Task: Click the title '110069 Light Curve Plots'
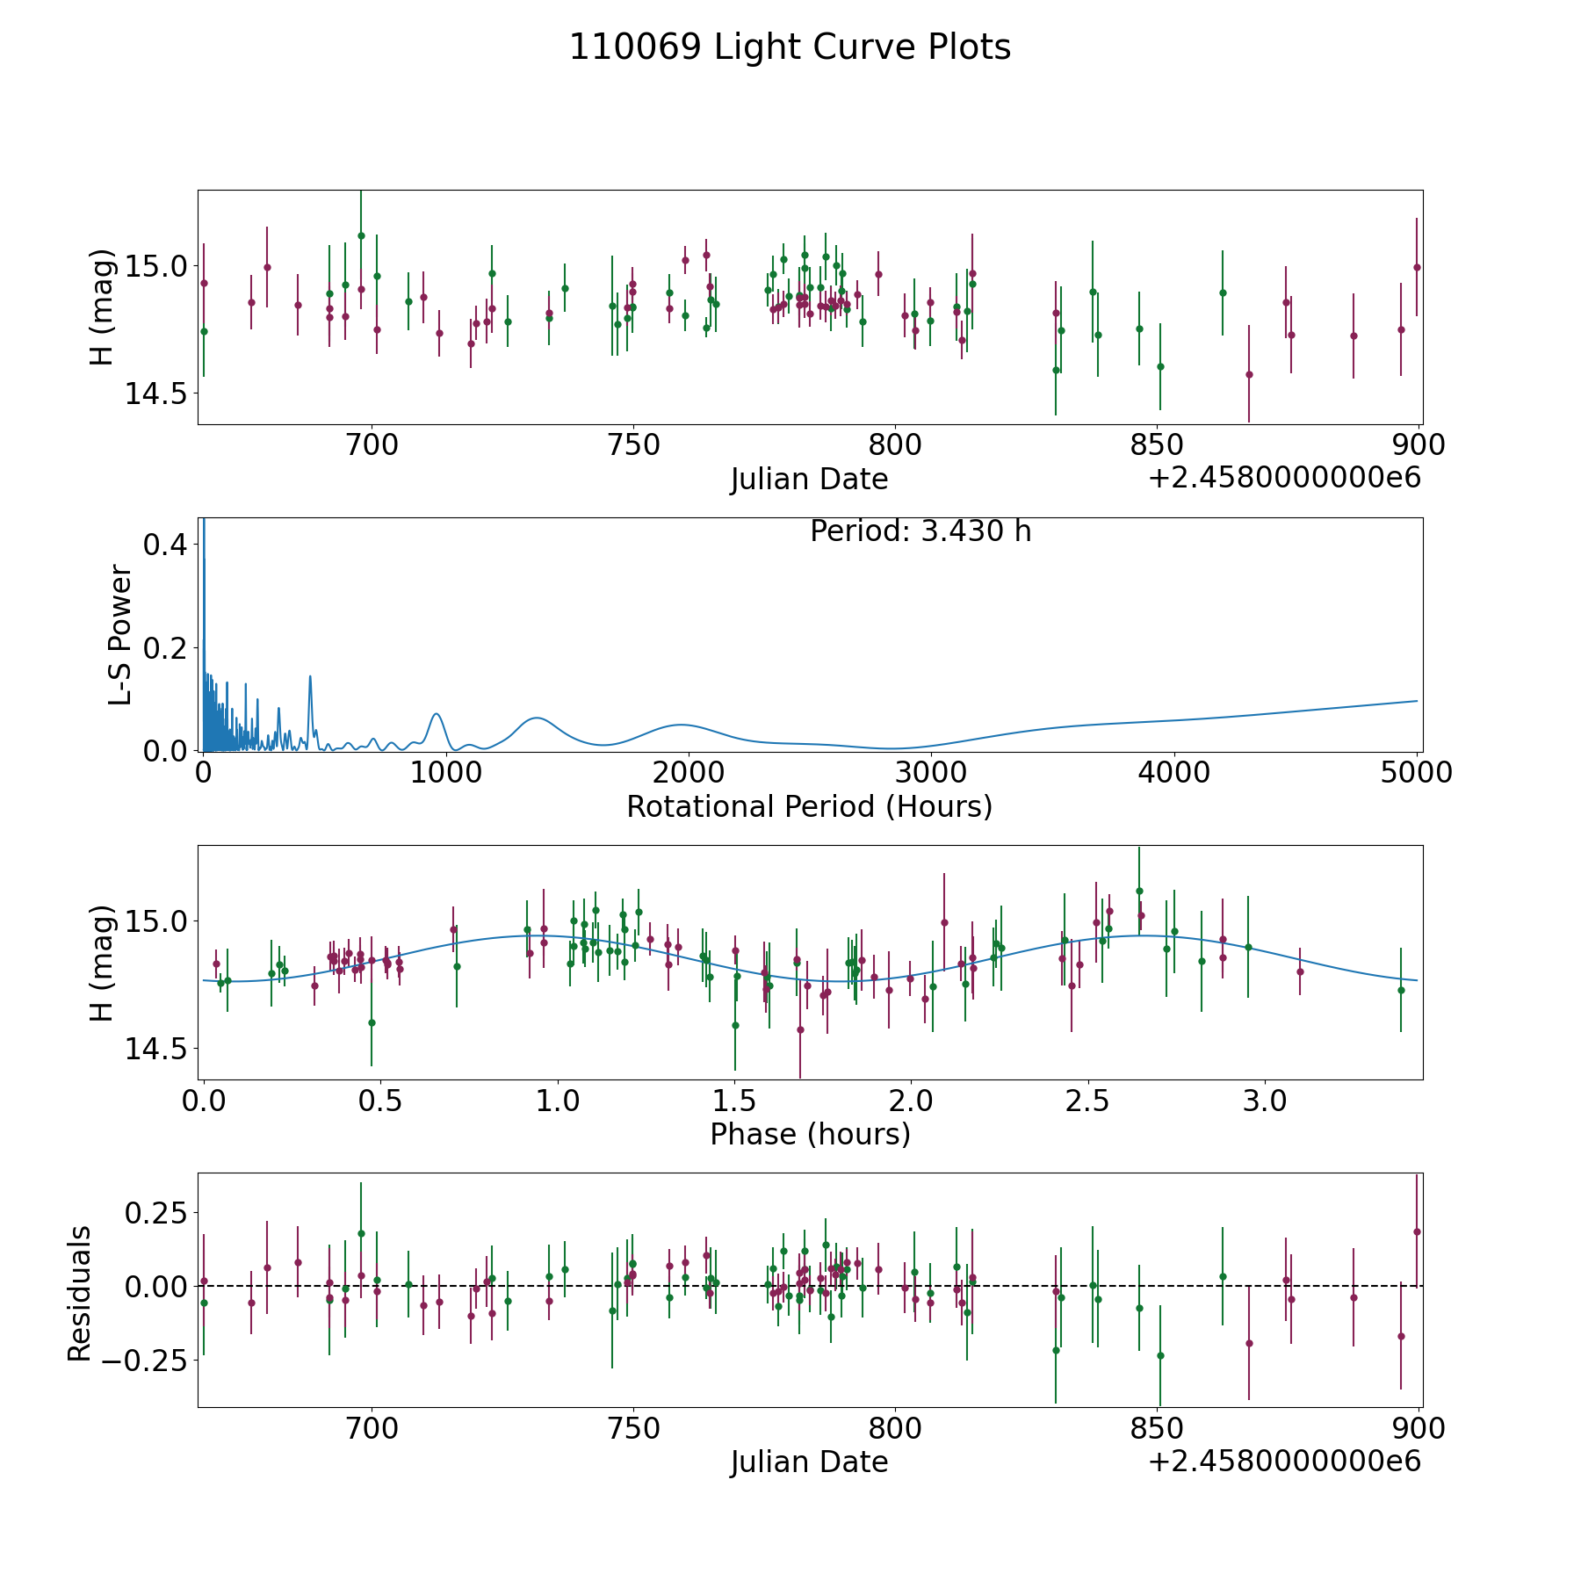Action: pyautogui.click(x=790, y=48)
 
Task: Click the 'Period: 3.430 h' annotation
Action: pyautogui.click(x=920, y=531)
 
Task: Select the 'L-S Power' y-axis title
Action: pyautogui.click(x=121, y=635)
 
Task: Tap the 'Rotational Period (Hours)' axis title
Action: pyautogui.click(x=809, y=806)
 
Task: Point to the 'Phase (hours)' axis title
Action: pyautogui.click(x=810, y=1134)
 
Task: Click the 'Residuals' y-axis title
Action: pyautogui.click(x=80, y=1294)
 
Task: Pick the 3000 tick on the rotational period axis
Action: pyautogui.click(x=930, y=772)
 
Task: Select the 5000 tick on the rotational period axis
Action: pyautogui.click(x=1417, y=772)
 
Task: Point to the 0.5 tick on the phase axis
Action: pyautogui.click(x=381, y=1101)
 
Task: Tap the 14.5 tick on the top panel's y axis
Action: pyautogui.click(x=154, y=393)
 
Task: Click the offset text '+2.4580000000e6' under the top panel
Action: pyautogui.click(x=1284, y=478)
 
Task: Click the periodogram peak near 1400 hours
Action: pyautogui.click(x=536, y=718)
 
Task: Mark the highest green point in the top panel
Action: pyautogui.click(x=361, y=235)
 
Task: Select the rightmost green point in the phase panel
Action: pyautogui.click(x=1401, y=990)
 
